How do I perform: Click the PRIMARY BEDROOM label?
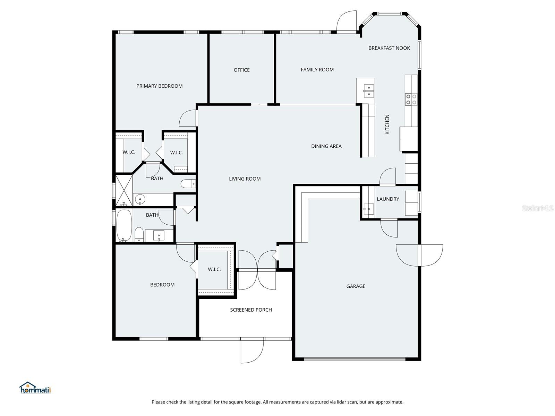[x=159, y=86]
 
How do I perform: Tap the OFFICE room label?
[x=241, y=70]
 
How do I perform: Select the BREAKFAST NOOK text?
[x=389, y=48]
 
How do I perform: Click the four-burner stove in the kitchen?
[x=411, y=99]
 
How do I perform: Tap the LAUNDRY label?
[x=388, y=199]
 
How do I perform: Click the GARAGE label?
[x=356, y=286]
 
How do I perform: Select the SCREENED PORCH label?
[x=251, y=310]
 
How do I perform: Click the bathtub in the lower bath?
[x=124, y=225]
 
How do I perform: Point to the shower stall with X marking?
[x=124, y=190]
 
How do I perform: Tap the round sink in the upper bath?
[x=140, y=199]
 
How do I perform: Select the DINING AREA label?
[x=326, y=146]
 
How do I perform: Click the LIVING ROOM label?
[x=245, y=179]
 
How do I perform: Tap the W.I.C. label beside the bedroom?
[x=214, y=269]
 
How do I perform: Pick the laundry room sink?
[x=368, y=209]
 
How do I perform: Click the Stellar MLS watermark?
[x=537, y=208]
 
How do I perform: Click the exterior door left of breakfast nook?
[x=347, y=23]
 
